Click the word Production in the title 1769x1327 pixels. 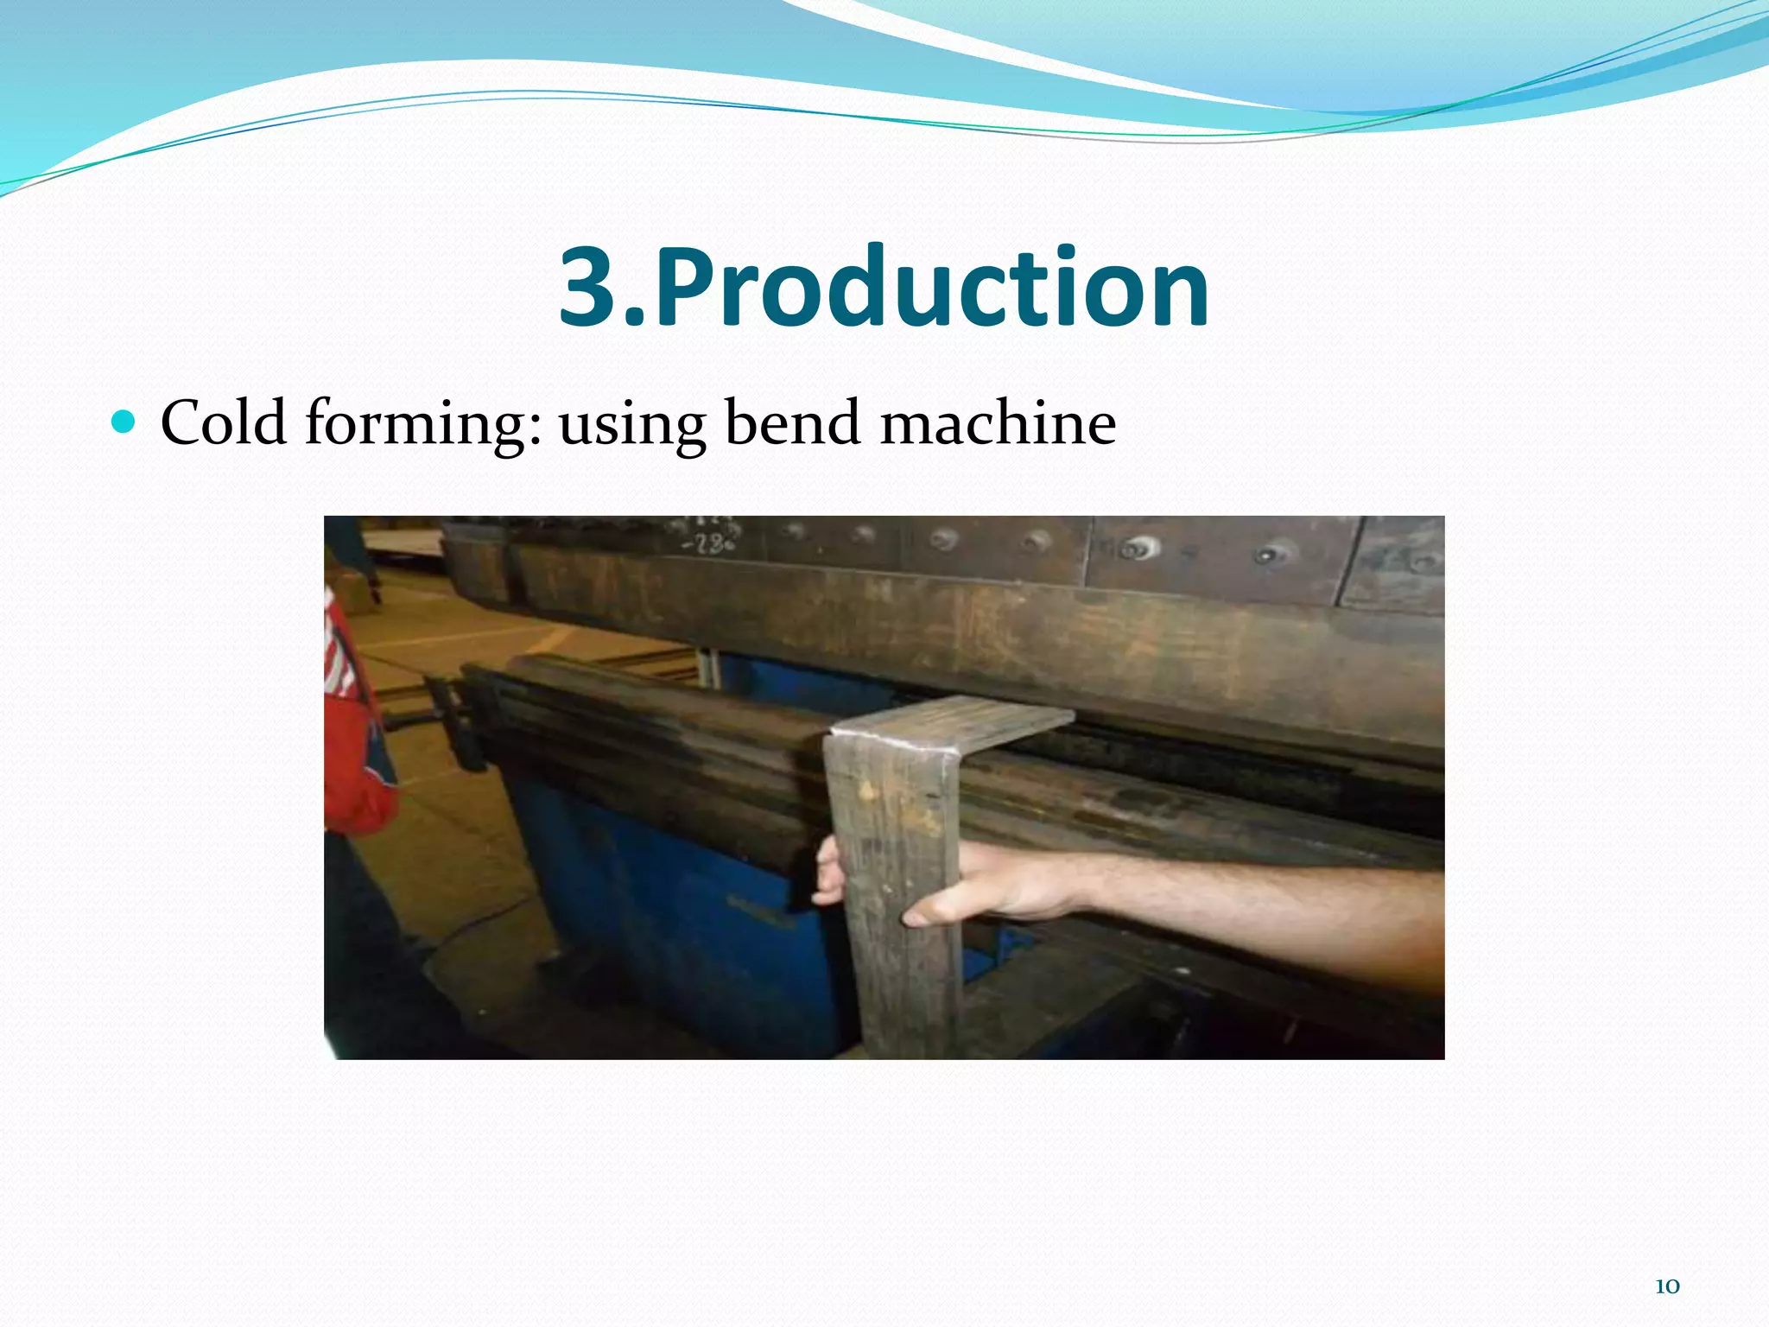click(x=933, y=287)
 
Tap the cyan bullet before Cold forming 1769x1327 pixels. click(x=124, y=422)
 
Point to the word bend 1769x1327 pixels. click(x=792, y=422)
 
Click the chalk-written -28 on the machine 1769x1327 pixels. click(x=708, y=543)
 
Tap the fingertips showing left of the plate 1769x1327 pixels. click(x=829, y=873)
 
